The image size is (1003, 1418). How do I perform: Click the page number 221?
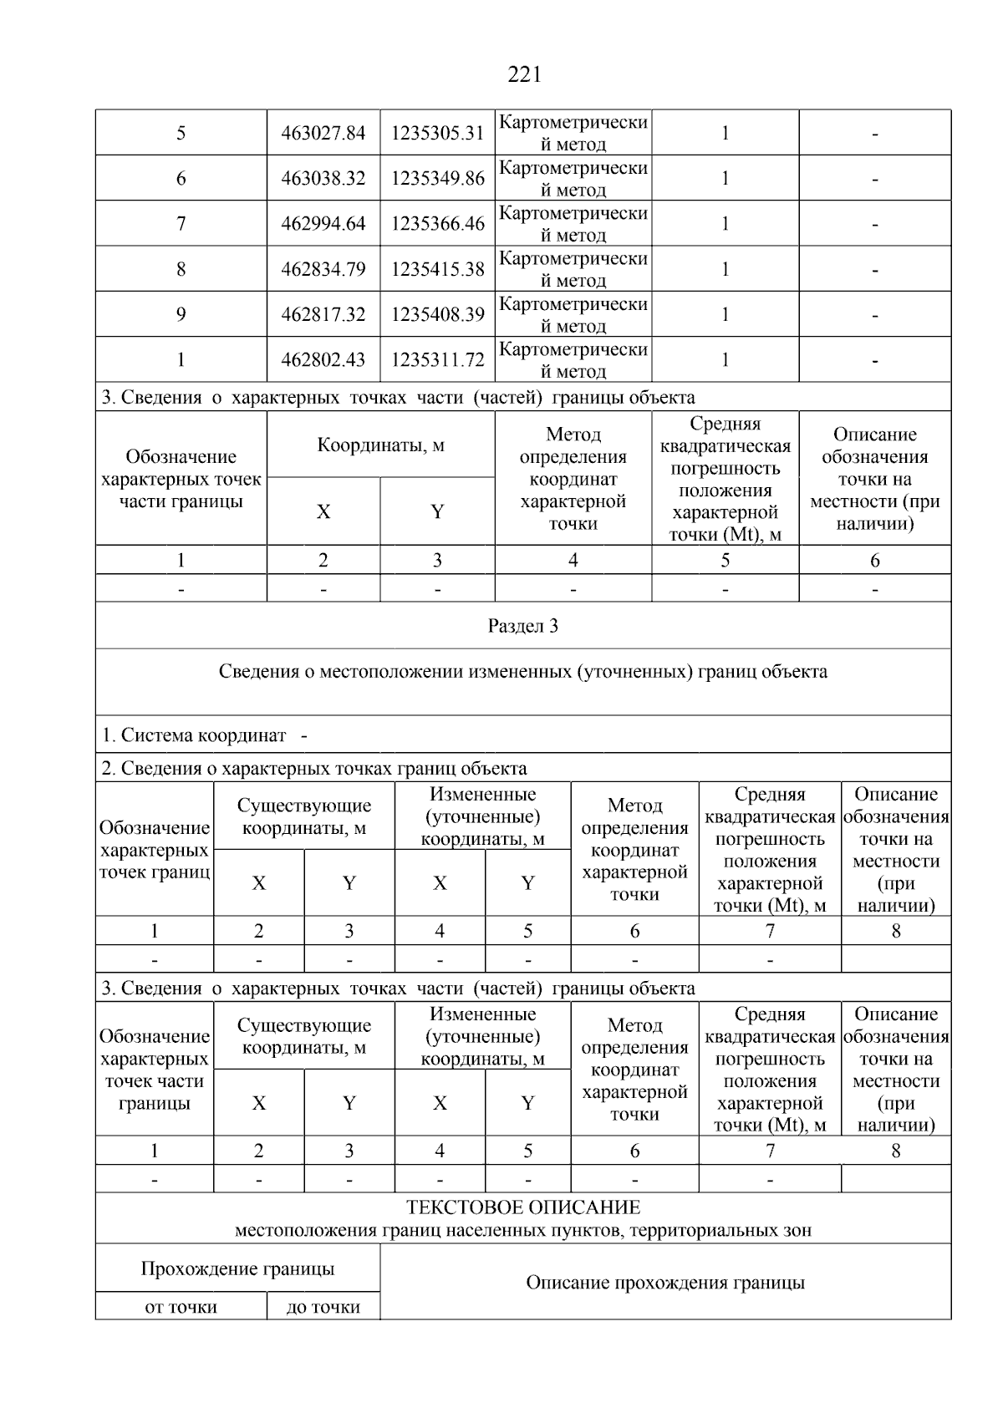524,75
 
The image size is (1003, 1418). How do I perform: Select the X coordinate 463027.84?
323,133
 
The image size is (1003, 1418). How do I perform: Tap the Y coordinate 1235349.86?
437,178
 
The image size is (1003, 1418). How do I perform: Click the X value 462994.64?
323,224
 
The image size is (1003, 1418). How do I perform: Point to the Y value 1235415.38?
437,269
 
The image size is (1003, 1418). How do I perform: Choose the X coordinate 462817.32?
323,315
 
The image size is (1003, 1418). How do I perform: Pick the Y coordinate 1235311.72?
437,360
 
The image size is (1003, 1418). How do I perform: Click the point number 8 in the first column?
181,269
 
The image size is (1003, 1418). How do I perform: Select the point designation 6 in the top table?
181,178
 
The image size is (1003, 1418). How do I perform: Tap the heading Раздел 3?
523,626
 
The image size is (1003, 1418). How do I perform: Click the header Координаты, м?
380,445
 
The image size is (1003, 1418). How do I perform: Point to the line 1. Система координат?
194,735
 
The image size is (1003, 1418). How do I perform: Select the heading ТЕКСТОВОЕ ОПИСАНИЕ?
523,1207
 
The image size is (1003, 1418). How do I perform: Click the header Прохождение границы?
237,1268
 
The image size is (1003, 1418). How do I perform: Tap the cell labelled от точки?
181,1307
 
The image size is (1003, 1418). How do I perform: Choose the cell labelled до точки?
323,1307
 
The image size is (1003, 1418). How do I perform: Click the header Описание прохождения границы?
665,1283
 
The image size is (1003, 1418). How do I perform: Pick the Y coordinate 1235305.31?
437,133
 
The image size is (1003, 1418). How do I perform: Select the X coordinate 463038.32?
323,178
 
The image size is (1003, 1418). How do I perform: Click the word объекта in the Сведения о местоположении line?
794,672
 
